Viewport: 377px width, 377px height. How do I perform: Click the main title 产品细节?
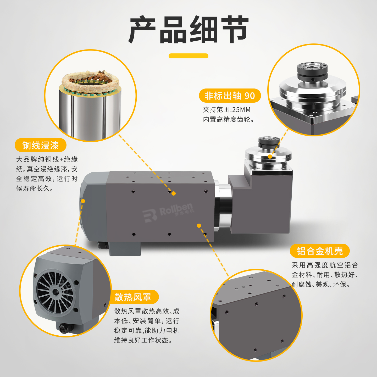click(188, 30)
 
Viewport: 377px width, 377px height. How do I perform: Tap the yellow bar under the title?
click(188, 56)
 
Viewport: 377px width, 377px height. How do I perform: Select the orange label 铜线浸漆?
click(41, 145)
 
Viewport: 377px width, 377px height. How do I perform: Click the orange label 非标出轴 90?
click(230, 96)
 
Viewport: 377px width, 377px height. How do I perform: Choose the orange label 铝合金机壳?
click(320, 251)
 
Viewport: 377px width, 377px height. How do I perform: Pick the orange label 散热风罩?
click(133, 297)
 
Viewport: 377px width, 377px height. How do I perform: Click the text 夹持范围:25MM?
click(226, 110)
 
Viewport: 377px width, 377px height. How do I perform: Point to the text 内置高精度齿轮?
click(228, 119)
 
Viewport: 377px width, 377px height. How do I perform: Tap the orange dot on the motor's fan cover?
click(83, 201)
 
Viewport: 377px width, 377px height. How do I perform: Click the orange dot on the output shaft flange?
click(270, 157)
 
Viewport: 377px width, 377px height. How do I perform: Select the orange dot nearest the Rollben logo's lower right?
click(199, 226)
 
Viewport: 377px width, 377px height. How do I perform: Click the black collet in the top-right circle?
click(312, 72)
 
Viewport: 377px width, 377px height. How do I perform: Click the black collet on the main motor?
click(269, 142)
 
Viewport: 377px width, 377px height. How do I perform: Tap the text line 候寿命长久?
click(35, 188)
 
